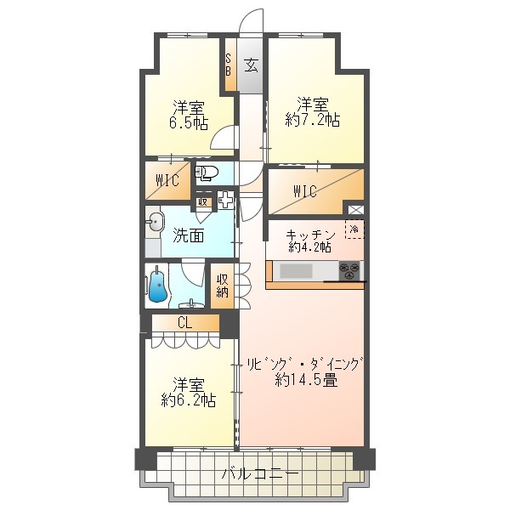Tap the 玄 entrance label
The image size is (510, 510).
pos(251,65)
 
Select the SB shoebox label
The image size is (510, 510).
pos(229,65)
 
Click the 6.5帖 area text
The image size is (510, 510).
pos(189,123)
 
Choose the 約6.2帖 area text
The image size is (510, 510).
pos(188,399)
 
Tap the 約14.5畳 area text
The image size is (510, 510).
pos(306,380)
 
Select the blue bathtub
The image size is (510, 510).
pos(158,286)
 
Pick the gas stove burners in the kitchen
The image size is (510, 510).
pos(349,271)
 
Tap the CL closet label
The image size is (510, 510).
pos(184,323)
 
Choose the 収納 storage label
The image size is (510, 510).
pos(222,286)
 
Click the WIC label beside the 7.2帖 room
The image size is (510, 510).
pos(305,191)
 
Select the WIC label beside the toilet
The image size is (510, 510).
pos(167,179)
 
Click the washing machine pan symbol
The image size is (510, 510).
pos(226,202)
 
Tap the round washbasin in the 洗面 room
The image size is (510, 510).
pos(154,224)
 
